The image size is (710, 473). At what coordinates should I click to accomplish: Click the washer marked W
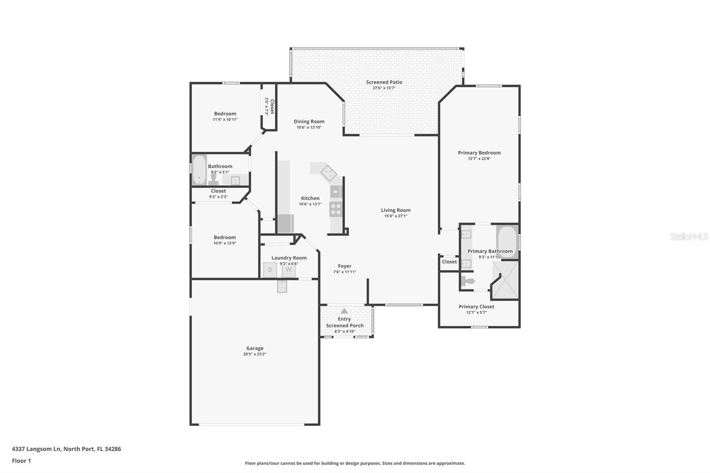(288, 270)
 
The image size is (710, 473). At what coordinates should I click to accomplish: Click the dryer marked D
(270, 270)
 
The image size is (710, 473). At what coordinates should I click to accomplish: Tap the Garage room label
(255, 348)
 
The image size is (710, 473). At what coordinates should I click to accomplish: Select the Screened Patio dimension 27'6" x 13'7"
(384, 88)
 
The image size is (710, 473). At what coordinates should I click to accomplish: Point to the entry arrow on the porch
(344, 311)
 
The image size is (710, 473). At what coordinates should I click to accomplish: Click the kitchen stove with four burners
(336, 209)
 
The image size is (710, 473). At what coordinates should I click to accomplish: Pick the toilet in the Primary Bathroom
(468, 281)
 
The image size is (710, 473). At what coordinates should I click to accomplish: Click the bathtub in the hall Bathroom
(199, 169)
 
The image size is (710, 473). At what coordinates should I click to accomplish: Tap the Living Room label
(395, 210)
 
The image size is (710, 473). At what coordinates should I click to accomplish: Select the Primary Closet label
(476, 307)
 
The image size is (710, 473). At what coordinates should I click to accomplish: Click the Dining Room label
(309, 122)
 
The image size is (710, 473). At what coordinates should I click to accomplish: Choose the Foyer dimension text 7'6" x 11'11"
(344, 272)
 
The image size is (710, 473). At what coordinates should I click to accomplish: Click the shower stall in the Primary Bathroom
(506, 280)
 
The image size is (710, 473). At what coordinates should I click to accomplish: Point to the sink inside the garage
(282, 287)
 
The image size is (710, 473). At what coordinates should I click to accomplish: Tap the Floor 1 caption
(21, 461)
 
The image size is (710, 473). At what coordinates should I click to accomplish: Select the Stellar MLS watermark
(689, 236)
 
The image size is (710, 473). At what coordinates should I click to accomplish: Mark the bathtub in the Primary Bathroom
(506, 241)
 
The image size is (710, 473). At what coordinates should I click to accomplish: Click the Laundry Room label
(289, 258)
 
